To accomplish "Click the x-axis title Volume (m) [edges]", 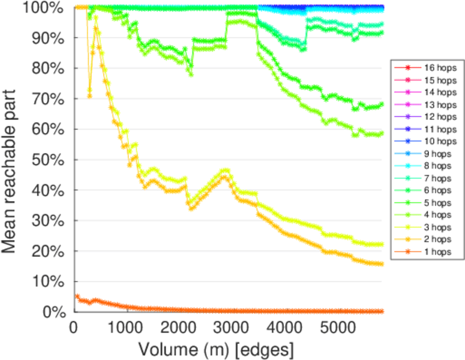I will pyautogui.click(x=216, y=349).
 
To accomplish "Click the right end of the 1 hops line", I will pyautogui.click(x=382, y=311).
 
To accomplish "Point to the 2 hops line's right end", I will pyautogui.click(x=382, y=264).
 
